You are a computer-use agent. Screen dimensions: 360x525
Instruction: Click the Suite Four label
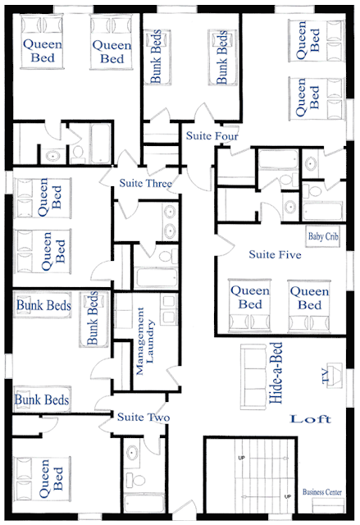[x=212, y=136]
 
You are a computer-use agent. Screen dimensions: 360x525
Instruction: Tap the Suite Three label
[x=145, y=183]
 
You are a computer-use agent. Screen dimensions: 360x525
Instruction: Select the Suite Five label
[x=275, y=255]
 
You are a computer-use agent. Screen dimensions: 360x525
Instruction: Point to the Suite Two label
[x=144, y=418]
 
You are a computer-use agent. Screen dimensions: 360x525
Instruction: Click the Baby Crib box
[x=323, y=237]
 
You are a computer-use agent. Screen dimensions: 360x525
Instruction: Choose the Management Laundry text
[x=145, y=341]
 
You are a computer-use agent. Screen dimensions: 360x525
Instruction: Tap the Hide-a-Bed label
[x=276, y=372]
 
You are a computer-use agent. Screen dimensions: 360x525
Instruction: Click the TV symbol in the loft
[x=333, y=376]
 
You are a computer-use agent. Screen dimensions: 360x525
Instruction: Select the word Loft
[x=311, y=419]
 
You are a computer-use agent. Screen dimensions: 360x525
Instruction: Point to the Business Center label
[x=322, y=492]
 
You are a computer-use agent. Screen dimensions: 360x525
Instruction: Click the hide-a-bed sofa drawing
[x=253, y=377]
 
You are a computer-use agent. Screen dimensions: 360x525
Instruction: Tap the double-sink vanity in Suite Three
[x=170, y=221]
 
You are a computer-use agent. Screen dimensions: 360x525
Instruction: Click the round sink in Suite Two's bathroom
[x=132, y=453]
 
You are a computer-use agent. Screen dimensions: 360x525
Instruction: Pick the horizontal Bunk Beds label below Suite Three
[x=43, y=305]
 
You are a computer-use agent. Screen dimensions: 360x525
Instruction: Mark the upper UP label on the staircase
[x=241, y=458]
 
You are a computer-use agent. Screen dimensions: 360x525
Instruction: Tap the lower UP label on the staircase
[x=287, y=496]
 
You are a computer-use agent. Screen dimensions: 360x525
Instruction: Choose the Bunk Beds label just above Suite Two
[x=42, y=399]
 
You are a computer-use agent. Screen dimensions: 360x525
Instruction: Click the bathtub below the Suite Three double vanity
[x=157, y=276]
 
